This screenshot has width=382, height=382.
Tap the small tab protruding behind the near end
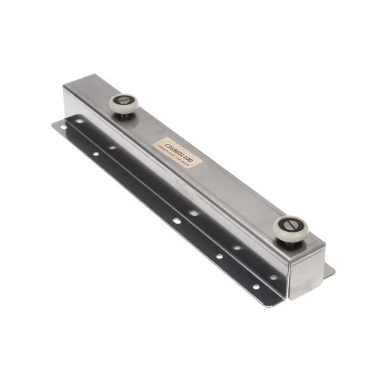pos(329,270)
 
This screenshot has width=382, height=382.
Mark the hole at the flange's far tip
pos(62,127)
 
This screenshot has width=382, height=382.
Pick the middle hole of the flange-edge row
pos(176,220)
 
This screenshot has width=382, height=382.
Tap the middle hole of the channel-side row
pos(194,213)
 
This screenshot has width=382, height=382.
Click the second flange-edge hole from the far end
pos(95,153)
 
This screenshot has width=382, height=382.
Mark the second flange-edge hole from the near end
pos(219,257)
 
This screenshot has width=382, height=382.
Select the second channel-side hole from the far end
pos(112,148)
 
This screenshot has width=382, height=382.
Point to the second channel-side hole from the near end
pos(236,247)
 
